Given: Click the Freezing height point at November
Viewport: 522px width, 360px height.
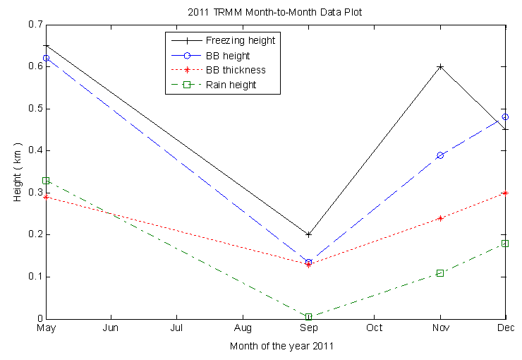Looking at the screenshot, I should [x=440, y=67].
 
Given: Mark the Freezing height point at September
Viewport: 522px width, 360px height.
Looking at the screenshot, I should [x=308, y=234].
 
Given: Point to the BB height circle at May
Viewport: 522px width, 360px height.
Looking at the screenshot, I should [x=46, y=58].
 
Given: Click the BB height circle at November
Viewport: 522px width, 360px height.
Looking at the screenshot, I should [x=440, y=155].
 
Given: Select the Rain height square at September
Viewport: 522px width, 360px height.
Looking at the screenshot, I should [x=308, y=317].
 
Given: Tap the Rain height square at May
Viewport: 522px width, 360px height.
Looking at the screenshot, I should [x=46, y=181].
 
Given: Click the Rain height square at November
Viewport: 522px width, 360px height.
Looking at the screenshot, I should [x=440, y=272].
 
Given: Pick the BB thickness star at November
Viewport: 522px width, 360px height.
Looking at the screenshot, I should [x=440, y=218].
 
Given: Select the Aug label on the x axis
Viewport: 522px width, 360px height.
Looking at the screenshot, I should [x=243, y=328].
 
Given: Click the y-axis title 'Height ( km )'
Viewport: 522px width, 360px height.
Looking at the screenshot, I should [x=18, y=172].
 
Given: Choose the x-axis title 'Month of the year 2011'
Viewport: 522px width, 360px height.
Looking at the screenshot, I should [x=281, y=347].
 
